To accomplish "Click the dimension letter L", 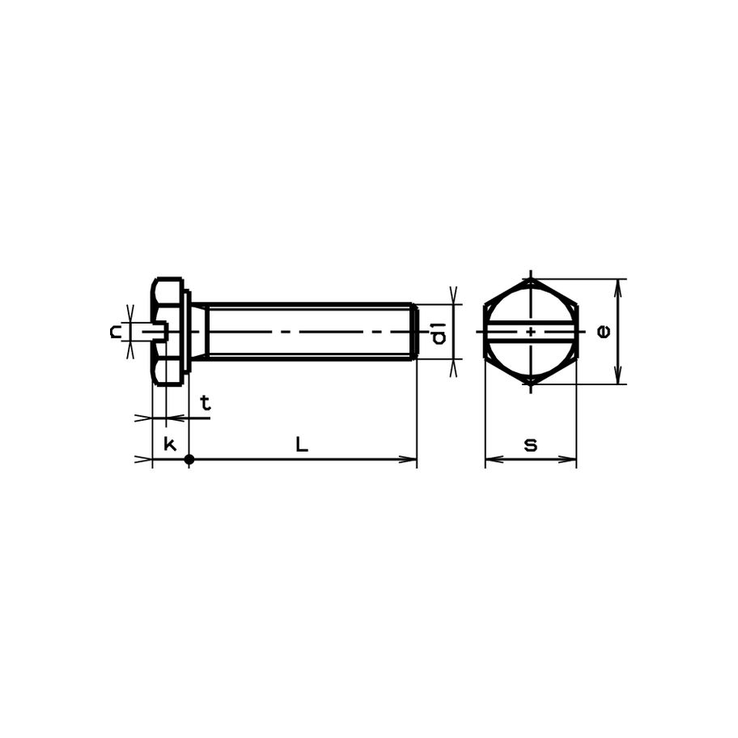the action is (x=302, y=444).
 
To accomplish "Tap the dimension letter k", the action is (x=169, y=443).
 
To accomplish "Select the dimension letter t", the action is (x=206, y=403).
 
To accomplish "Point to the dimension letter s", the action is (x=531, y=445).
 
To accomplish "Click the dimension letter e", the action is (x=604, y=331).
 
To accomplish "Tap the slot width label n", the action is (x=115, y=332).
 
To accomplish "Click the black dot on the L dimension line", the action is (x=189, y=460).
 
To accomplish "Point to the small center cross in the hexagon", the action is (x=531, y=332).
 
